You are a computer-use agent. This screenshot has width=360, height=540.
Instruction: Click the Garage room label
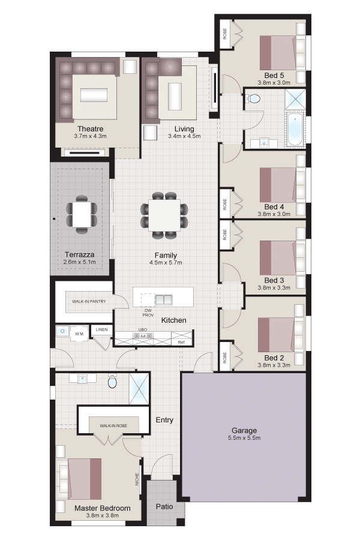[x=244, y=430]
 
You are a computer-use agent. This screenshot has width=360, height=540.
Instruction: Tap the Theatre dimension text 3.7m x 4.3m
[x=90, y=136]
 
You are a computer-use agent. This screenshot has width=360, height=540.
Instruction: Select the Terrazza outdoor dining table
[x=82, y=214]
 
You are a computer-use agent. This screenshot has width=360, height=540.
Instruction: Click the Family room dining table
[x=164, y=215]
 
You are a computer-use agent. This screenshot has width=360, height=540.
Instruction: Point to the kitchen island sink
[x=164, y=299]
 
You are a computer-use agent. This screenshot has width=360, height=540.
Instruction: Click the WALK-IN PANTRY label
[x=89, y=301]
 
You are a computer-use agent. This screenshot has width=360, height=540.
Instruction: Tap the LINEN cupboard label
[x=101, y=329]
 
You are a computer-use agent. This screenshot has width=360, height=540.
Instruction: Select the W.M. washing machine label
[x=80, y=334]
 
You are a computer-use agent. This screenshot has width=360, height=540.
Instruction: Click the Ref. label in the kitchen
[x=182, y=343]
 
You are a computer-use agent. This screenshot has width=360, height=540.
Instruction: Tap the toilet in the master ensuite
[x=112, y=380]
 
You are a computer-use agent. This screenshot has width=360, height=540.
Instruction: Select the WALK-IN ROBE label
[x=113, y=426]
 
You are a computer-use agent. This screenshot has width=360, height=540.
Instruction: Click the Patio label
[x=164, y=506]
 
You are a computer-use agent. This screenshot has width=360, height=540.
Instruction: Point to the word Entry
[x=164, y=420]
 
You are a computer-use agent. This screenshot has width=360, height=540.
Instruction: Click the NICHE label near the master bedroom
[x=137, y=479]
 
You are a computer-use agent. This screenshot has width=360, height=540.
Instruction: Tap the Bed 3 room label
[x=274, y=280]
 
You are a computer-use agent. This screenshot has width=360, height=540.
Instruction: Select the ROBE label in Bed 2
[x=225, y=358]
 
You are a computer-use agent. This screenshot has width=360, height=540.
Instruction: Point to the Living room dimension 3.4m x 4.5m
[x=184, y=136]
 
